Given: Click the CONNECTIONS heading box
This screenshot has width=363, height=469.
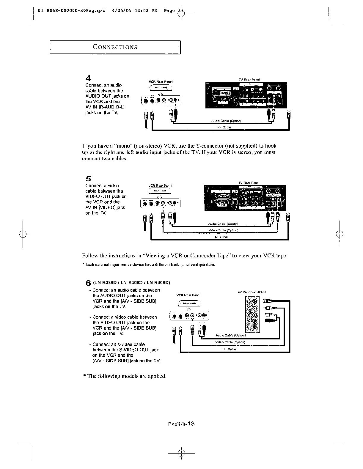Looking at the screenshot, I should tap(115, 47).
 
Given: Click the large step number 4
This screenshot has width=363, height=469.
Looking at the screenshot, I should tap(88, 78).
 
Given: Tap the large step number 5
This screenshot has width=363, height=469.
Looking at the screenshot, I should tap(88, 179).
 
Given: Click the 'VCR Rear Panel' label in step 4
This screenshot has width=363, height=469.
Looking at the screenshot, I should tap(161, 81).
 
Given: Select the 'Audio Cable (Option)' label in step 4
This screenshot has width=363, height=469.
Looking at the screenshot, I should tap(226, 121).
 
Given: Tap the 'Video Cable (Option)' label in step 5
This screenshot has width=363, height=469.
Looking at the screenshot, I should tap(223, 230).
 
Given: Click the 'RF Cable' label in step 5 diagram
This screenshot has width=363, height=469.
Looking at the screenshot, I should tap(221, 237).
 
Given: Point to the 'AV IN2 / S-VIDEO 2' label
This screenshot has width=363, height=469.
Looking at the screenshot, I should tap(250, 292).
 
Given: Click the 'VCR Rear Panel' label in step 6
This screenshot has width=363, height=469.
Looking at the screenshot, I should tap(188, 295).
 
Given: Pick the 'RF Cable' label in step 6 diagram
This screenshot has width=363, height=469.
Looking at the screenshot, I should tap(229, 349).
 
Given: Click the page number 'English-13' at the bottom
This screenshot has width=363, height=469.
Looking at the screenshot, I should tap(181, 424).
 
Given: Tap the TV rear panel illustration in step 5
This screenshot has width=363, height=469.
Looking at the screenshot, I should tap(245, 198).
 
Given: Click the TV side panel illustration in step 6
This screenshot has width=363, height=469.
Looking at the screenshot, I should tap(252, 315).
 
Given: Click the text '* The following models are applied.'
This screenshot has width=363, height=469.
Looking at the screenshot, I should tap(125, 376).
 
